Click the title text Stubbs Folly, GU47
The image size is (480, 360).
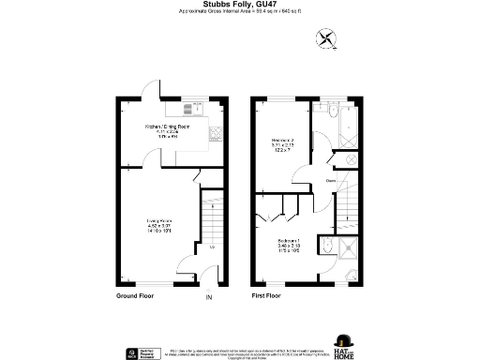point(240,5)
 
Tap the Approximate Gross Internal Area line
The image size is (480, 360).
point(240,12)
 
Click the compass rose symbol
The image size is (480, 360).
point(327,39)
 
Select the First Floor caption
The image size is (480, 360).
point(267,294)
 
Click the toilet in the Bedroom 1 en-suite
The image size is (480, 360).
point(325,246)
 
